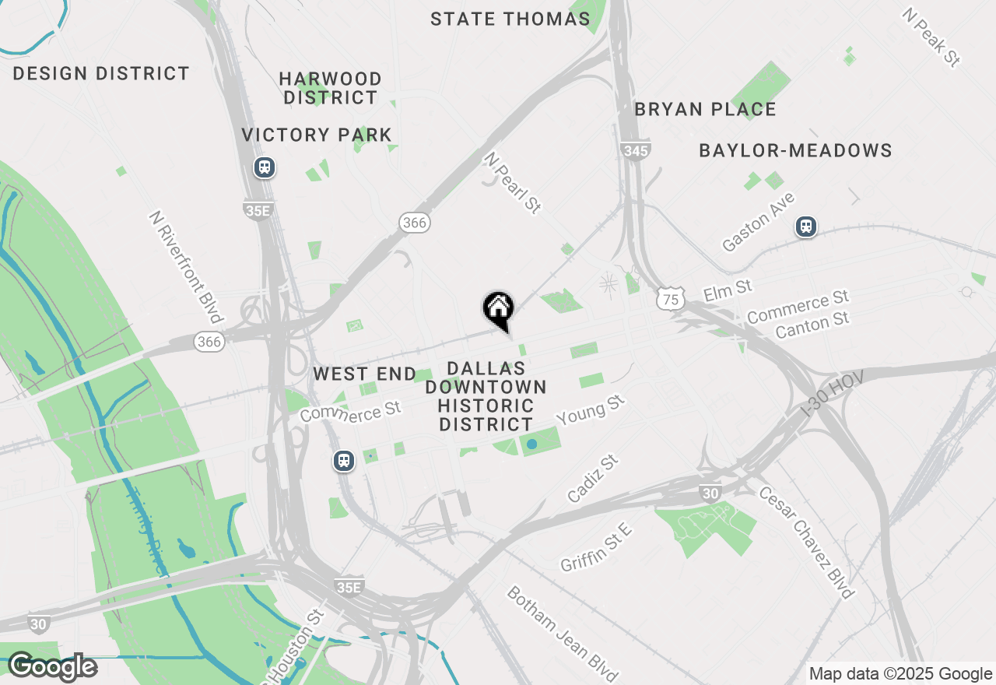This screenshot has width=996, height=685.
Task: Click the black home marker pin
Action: tap(498, 309)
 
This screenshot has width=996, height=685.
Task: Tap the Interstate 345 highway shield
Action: tap(636, 151)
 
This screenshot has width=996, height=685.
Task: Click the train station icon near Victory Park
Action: tap(265, 167)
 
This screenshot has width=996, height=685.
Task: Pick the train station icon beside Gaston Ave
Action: tap(806, 227)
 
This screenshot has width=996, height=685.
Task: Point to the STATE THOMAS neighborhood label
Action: tap(510, 19)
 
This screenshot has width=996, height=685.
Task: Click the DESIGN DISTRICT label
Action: tap(101, 74)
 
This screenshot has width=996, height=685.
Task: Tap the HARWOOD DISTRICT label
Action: tap(331, 88)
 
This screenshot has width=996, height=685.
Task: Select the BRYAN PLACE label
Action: tap(705, 110)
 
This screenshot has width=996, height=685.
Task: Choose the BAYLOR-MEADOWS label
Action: tap(795, 150)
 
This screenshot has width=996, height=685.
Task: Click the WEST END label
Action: tap(365, 374)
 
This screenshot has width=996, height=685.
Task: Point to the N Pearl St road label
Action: tap(512, 183)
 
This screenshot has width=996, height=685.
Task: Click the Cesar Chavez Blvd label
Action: tap(807, 543)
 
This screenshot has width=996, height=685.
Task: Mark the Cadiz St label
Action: tap(593, 479)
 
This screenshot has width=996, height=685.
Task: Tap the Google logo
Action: tap(52, 667)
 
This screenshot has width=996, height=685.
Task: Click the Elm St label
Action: tap(728, 290)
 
